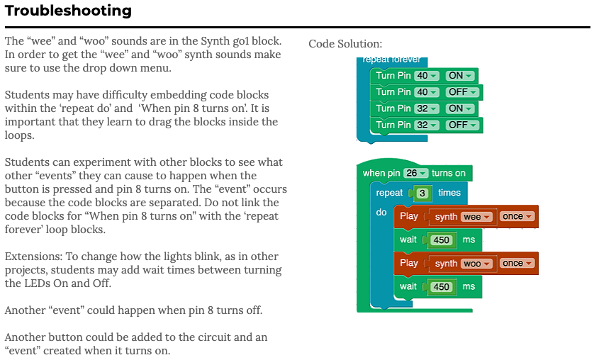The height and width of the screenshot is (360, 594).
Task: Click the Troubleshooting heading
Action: (68, 10)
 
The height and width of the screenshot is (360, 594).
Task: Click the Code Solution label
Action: (345, 44)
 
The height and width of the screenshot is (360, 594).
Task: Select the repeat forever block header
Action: (391, 60)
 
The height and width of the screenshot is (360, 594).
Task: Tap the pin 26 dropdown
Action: (416, 173)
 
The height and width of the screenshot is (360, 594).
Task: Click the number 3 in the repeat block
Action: (422, 193)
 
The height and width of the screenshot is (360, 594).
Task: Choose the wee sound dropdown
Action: (477, 217)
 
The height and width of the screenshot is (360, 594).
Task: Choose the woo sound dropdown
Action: (477, 264)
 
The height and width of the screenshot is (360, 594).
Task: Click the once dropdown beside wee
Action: (517, 217)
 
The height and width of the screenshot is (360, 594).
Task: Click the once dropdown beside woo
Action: (517, 263)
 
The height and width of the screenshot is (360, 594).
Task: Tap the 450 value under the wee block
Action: (442, 240)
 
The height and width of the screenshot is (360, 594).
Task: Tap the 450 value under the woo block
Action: (442, 287)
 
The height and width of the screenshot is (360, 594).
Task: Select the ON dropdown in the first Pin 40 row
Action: (460, 76)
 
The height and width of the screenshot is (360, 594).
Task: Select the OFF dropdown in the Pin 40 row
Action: (462, 92)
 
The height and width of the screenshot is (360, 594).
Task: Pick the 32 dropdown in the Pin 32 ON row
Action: (427, 108)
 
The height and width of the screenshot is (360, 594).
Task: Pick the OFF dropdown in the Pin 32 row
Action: (462, 125)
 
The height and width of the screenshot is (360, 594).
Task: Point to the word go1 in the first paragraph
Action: (240, 41)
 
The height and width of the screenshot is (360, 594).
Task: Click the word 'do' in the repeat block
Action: (381, 213)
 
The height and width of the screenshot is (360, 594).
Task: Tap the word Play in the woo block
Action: (409, 263)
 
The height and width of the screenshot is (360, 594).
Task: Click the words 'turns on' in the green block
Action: (449, 173)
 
